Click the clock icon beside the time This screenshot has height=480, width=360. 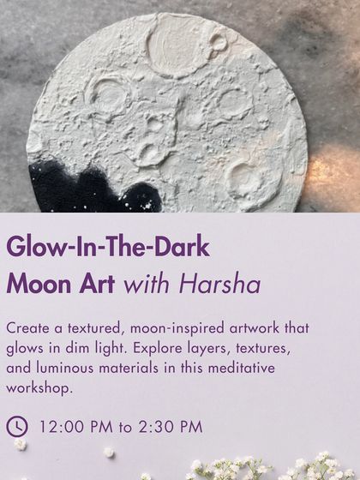coord(17,425)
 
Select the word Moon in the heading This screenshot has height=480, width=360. coord(38,285)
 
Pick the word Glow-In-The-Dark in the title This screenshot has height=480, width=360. coord(108,248)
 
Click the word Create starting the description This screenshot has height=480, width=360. coord(29,329)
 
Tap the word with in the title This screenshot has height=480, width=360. coord(145,285)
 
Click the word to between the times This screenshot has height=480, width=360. coord(123,426)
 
